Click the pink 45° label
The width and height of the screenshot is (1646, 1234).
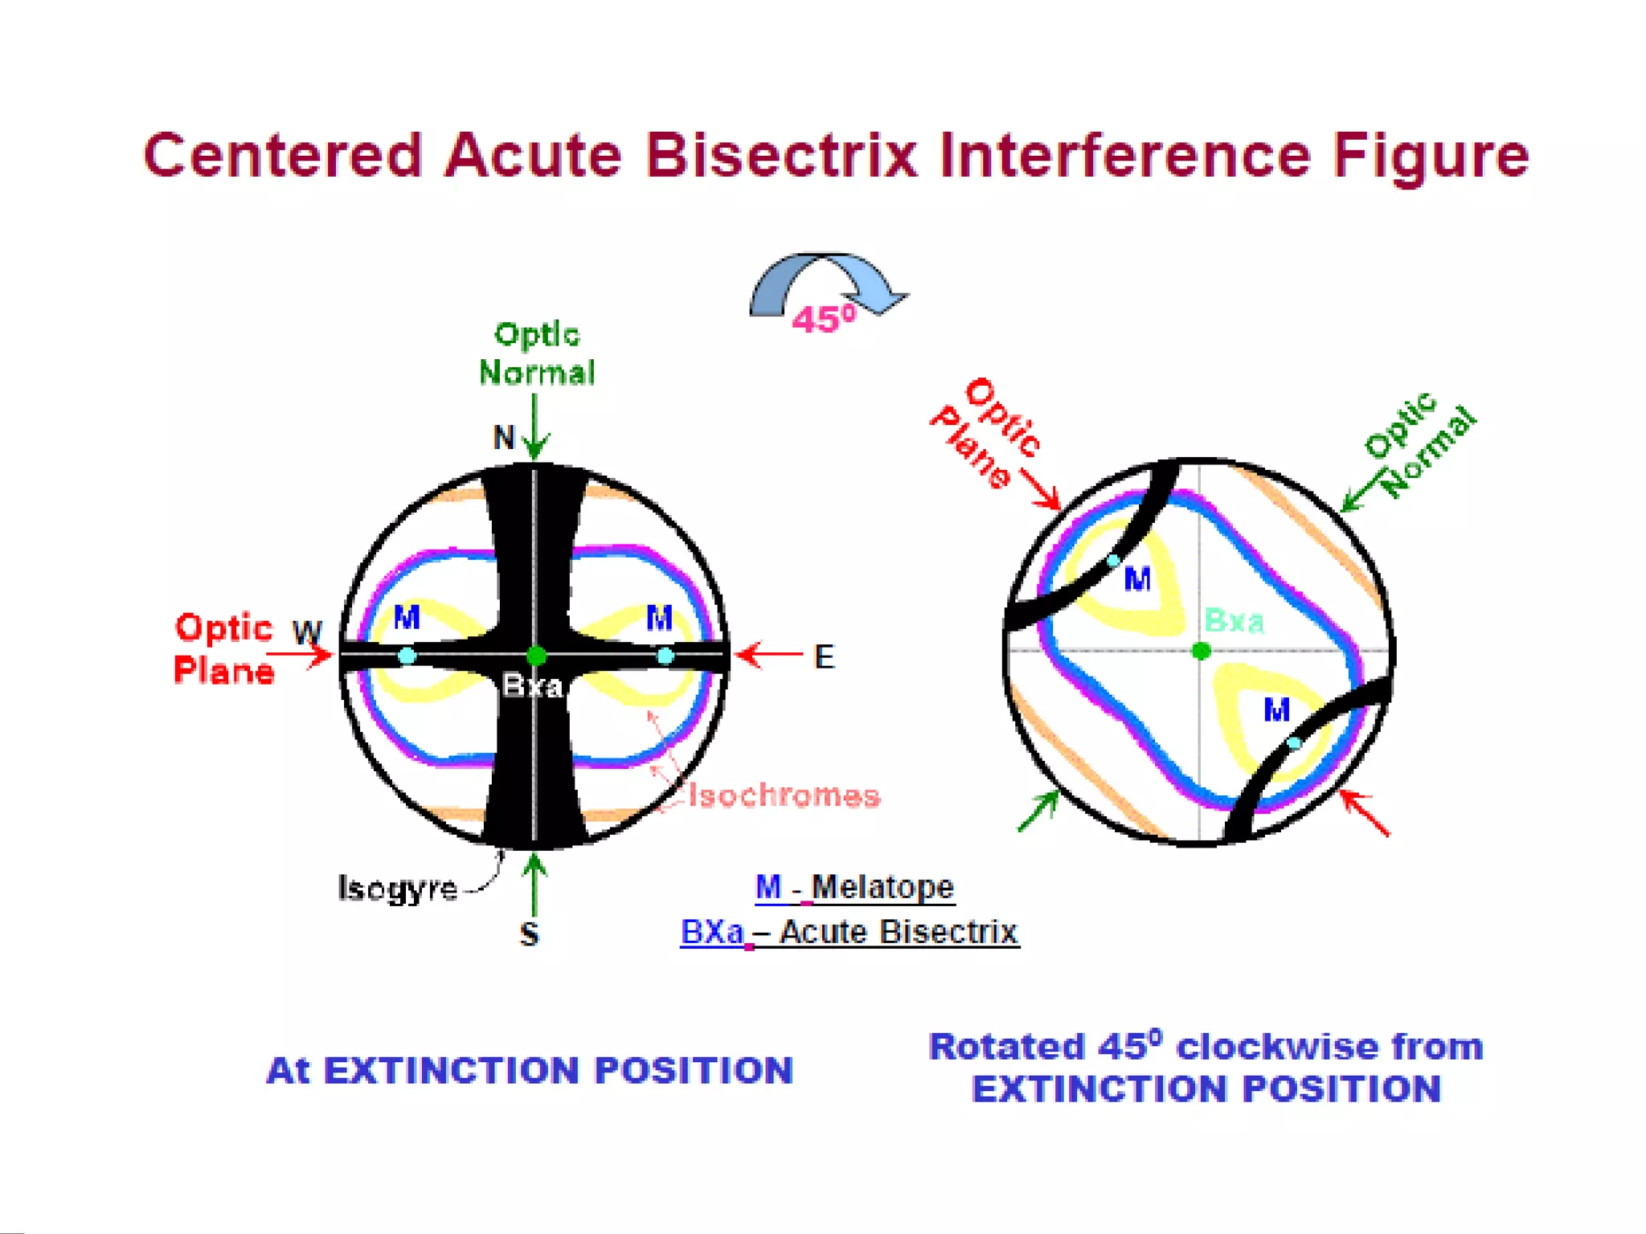(823, 320)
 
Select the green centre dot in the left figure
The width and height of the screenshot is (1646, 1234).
(536, 656)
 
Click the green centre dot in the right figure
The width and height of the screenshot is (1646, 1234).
(1201, 651)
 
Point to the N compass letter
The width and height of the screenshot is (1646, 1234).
(504, 438)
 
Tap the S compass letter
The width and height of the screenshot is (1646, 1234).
(529, 934)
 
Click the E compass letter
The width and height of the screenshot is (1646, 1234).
(824, 657)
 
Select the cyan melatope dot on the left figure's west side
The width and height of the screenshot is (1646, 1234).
(407, 656)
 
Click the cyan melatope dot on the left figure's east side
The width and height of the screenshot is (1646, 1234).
(665, 656)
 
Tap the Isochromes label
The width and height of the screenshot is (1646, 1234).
(784, 795)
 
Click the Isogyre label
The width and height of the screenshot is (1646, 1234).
(398, 889)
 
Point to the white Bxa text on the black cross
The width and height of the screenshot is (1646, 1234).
(532, 686)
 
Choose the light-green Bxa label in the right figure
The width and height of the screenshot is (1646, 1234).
(1234, 621)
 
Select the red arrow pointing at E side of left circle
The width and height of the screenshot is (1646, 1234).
(768, 655)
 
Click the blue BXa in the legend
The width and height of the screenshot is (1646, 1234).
(712, 932)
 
